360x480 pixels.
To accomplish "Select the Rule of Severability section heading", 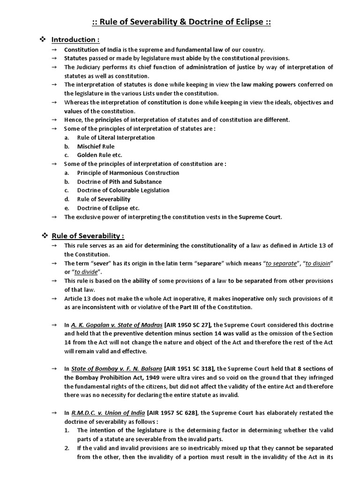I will (x=88, y=235).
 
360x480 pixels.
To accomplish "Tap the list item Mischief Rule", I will (x=96, y=146).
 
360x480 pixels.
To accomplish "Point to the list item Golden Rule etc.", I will (x=100, y=155).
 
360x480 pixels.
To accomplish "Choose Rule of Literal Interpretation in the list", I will (x=116, y=138).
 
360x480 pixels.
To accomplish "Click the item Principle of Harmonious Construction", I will (x=128, y=173).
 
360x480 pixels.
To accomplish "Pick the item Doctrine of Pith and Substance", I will (x=119, y=182).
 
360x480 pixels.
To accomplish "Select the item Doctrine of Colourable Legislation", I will (x=123, y=190).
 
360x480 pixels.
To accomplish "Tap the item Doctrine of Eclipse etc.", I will (x=108, y=208).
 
